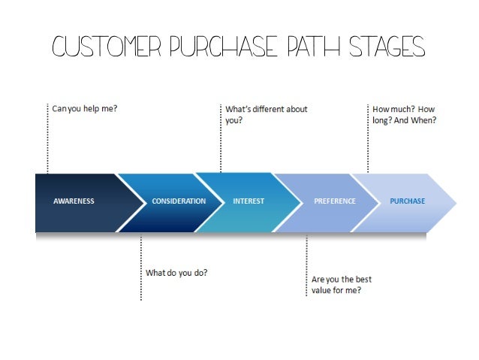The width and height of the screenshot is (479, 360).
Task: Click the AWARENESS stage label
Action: (74, 201)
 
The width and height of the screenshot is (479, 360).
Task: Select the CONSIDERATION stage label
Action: (179, 201)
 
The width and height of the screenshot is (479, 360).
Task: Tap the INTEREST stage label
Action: (249, 201)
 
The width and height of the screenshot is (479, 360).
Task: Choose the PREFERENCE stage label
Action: (335, 201)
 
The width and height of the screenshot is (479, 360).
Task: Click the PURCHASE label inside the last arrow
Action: (407, 201)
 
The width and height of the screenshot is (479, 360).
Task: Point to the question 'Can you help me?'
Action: (84, 109)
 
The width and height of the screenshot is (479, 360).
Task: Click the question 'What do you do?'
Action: (176, 272)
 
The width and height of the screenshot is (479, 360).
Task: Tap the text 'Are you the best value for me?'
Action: (342, 284)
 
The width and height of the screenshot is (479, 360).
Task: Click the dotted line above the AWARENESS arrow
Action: (47, 139)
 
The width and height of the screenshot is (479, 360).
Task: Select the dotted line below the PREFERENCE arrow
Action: (306, 267)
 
